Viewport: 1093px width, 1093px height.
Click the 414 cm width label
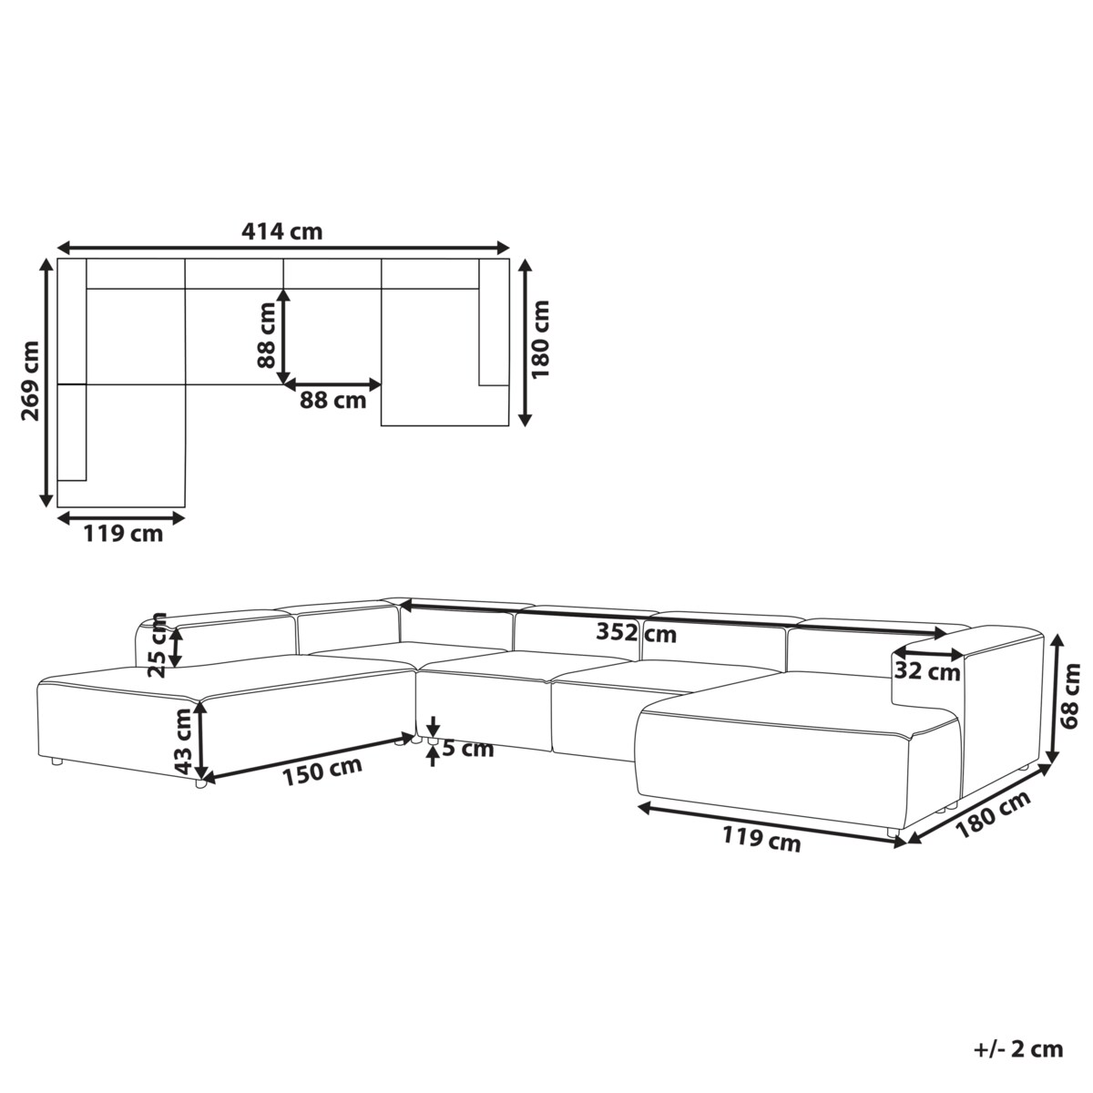[x=281, y=231]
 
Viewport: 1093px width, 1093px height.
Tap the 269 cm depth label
[x=30, y=381]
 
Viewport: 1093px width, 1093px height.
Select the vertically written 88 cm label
[x=266, y=335]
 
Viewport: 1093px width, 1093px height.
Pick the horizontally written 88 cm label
[x=333, y=401]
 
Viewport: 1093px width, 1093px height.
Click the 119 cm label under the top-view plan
[x=123, y=534]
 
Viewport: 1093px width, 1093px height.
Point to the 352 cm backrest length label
[x=637, y=633]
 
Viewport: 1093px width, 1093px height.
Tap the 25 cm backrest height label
[x=158, y=646]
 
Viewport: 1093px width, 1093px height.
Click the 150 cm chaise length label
[x=322, y=771]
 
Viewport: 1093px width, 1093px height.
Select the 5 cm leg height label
[x=468, y=750]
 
